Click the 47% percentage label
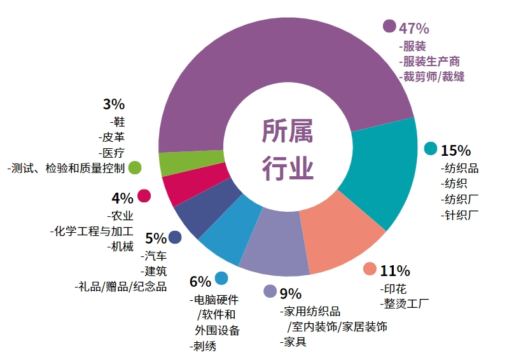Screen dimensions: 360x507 click(x=413, y=28)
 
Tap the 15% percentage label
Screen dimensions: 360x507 click(x=455, y=151)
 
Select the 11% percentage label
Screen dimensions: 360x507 click(x=395, y=270)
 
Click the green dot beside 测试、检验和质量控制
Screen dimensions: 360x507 click(x=134, y=168)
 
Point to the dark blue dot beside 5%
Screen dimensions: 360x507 click(x=175, y=237)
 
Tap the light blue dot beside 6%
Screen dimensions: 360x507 click(x=221, y=278)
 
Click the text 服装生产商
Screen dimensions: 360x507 click(x=429, y=62)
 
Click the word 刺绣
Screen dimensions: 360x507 click(x=205, y=346)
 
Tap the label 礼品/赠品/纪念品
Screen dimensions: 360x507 click(x=121, y=286)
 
